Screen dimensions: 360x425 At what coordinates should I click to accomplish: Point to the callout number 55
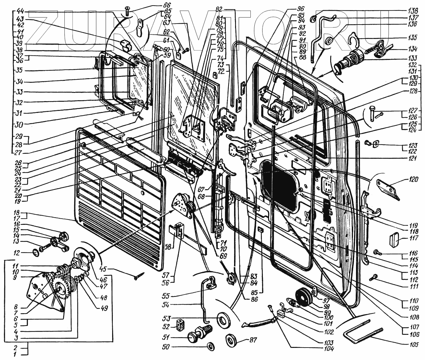(166, 296)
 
